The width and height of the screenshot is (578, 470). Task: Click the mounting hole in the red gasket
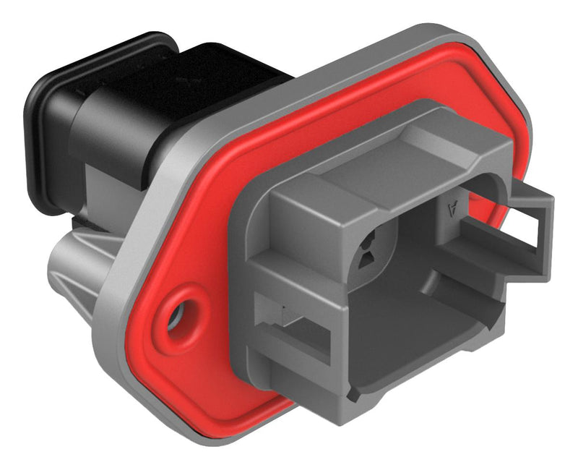176,316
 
